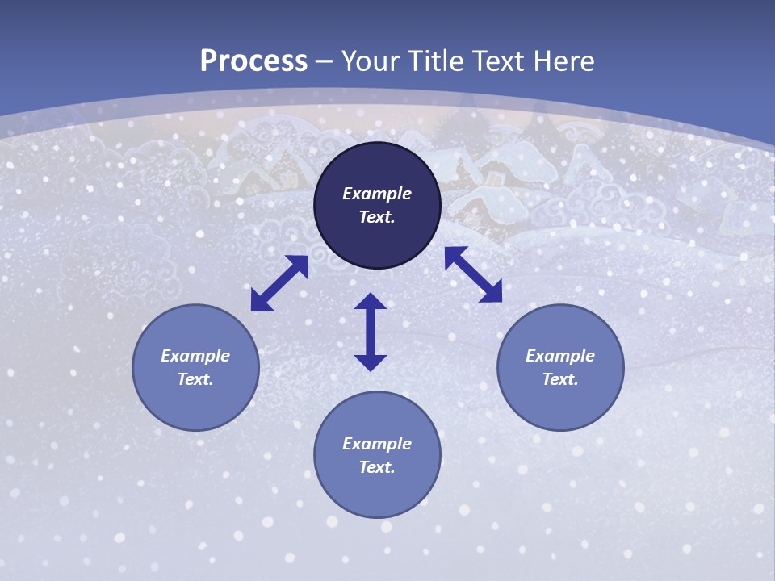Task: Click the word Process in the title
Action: click(x=253, y=61)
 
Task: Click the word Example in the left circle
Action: click(x=195, y=356)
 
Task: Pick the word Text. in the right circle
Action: click(x=560, y=379)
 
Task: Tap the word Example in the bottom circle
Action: click(x=377, y=444)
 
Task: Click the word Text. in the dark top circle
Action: click(x=377, y=217)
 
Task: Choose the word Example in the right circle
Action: click(x=560, y=356)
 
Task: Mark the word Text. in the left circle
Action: click(x=195, y=379)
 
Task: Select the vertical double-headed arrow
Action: click(x=371, y=332)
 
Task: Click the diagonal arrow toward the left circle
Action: click(x=279, y=283)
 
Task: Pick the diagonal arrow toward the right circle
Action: click(x=474, y=274)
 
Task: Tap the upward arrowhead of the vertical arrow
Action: click(x=371, y=302)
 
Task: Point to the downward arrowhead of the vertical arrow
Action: click(x=371, y=362)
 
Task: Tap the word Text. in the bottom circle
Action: click(x=377, y=467)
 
